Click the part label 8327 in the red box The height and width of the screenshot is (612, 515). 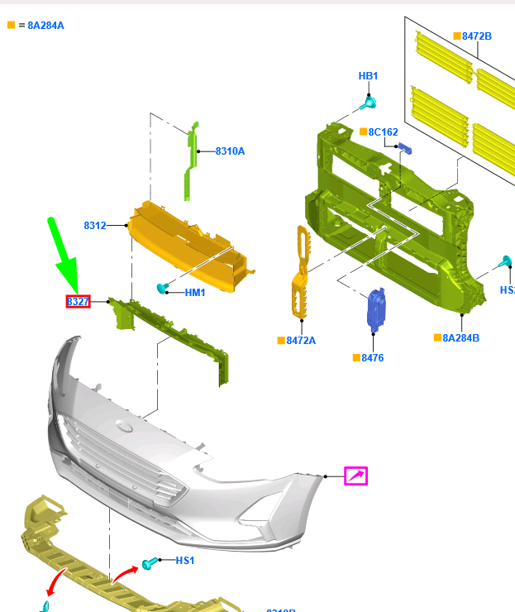click(x=78, y=302)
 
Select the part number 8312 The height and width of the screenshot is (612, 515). click(x=95, y=225)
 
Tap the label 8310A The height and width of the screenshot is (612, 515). click(x=230, y=151)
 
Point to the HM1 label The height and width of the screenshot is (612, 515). click(x=195, y=293)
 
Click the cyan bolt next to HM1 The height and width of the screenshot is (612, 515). click(x=163, y=288)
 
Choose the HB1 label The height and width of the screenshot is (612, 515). click(x=368, y=76)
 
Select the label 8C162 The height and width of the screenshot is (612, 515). click(x=383, y=132)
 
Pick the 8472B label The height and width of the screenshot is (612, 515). click(x=477, y=36)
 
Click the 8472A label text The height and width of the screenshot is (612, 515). click(x=301, y=341)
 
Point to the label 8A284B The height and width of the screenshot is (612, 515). click(x=460, y=338)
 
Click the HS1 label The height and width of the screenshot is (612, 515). click(x=185, y=561)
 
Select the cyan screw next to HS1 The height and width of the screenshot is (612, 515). click(x=150, y=564)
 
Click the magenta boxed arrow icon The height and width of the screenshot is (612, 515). click(x=356, y=476)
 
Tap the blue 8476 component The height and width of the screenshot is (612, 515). click(x=376, y=308)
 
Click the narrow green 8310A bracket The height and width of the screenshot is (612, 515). click(x=190, y=161)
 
